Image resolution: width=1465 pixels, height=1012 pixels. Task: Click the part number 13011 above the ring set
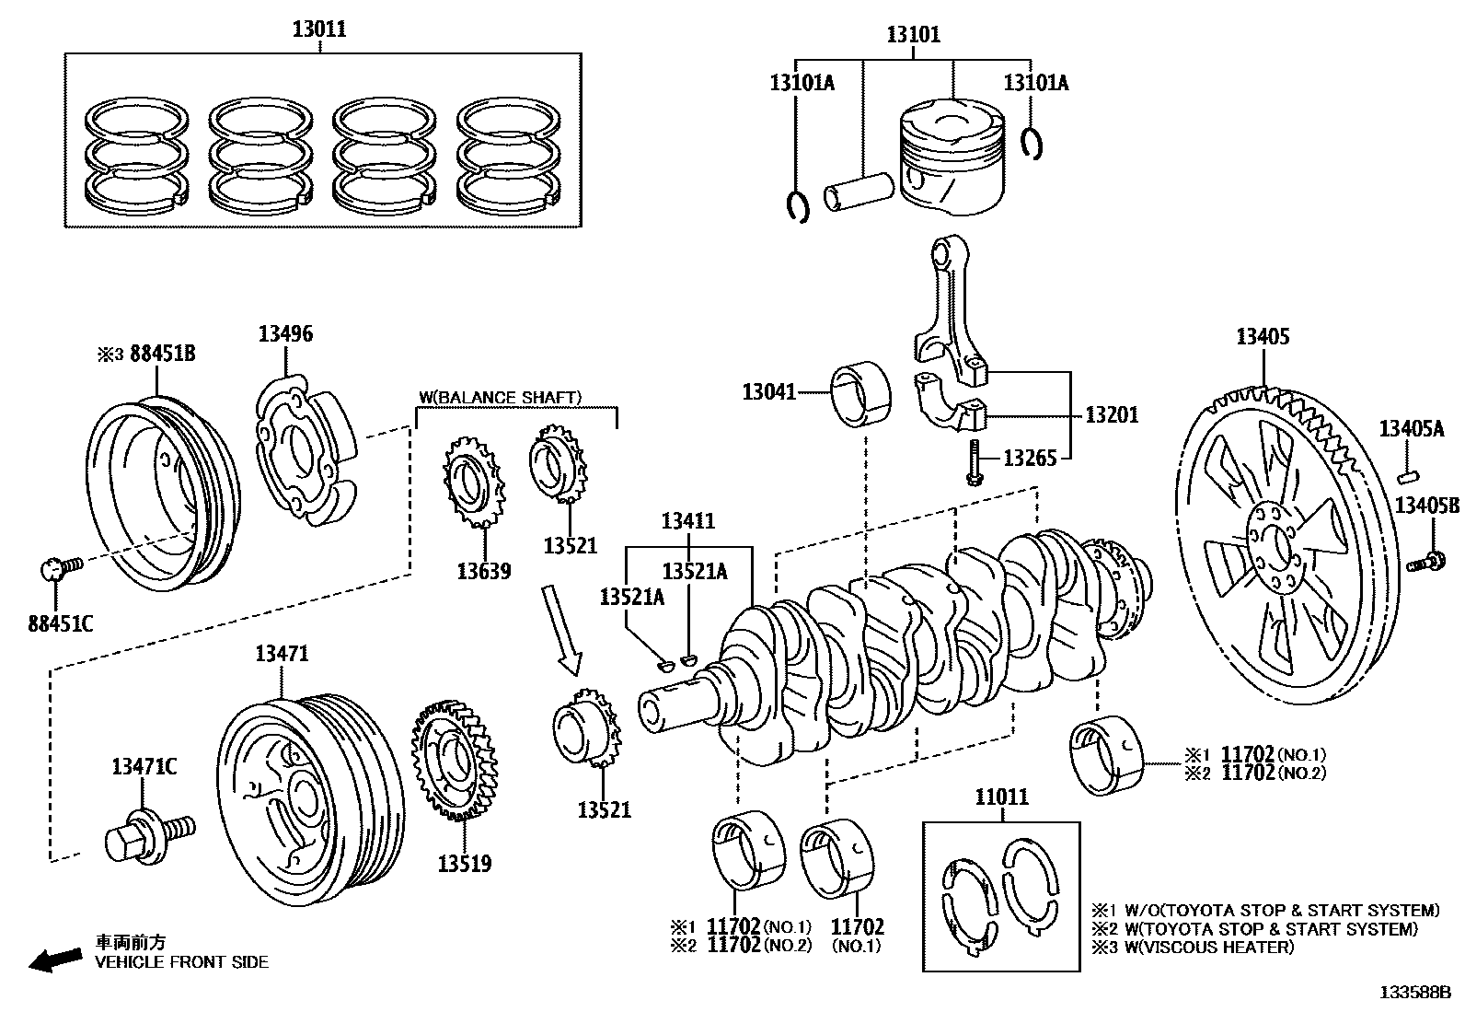319,29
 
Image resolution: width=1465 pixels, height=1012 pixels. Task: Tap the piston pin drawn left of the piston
859,192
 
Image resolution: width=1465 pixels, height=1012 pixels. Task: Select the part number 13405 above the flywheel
1262,336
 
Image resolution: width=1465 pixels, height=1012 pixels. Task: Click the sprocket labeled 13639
475,483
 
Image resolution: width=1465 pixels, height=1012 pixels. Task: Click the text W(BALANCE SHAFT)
501,397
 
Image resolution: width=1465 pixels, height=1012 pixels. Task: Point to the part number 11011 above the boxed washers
1001,797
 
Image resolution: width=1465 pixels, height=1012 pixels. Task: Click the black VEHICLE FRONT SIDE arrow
54,960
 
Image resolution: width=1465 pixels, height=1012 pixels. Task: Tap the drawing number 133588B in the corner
1415,993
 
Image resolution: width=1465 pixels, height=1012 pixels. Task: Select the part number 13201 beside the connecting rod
1112,414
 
